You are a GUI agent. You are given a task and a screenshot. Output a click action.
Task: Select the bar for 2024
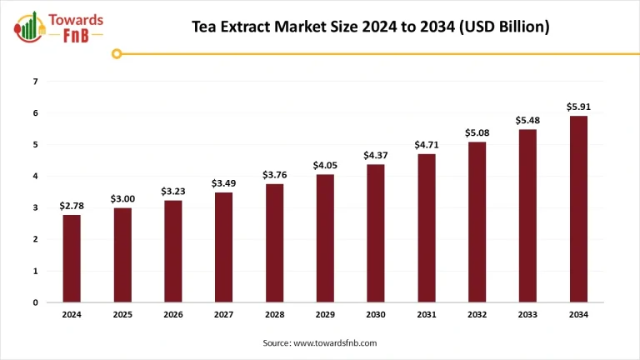tap(72, 258)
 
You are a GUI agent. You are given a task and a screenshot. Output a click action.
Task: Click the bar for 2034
tap(577, 209)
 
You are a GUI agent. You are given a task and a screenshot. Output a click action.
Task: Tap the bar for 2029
tap(325, 238)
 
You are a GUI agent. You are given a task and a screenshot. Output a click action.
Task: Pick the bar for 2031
tap(426, 227)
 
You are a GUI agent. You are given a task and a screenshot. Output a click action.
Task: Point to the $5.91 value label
tap(577, 107)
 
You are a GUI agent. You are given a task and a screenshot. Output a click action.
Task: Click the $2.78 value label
tap(72, 206)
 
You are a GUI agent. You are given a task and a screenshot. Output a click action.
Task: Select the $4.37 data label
tap(376, 155)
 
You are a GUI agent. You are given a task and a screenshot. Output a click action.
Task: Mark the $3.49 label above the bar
tap(223, 182)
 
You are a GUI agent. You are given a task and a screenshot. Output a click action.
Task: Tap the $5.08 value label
tap(477, 132)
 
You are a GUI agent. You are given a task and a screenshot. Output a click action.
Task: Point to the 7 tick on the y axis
tap(35, 82)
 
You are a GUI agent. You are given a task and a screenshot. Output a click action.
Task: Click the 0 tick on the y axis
tap(35, 302)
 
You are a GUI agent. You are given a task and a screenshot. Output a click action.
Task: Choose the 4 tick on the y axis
tap(35, 177)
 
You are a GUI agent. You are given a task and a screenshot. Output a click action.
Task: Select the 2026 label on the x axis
tap(173, 316)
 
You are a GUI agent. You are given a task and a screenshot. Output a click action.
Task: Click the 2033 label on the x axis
tap(527, 316)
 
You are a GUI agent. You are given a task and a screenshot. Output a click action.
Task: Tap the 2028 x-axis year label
tap(274, 316)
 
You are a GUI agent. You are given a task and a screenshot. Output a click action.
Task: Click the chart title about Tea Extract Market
tap(371, 27)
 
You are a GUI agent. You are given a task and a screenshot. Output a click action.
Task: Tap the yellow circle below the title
tap(117, 54)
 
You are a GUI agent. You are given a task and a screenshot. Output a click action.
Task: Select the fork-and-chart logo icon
tap(29, 28)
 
